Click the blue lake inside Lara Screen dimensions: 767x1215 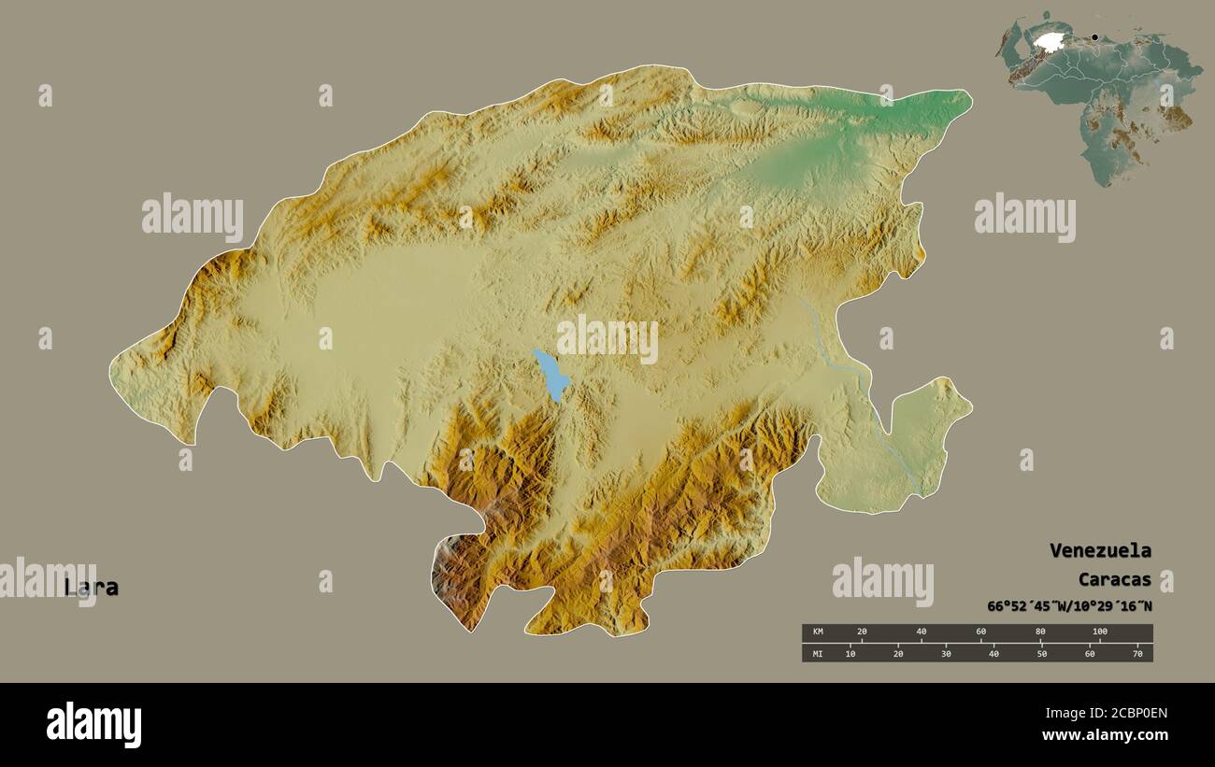551,374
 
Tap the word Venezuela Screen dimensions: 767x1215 1100,550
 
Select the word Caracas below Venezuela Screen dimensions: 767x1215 1114,579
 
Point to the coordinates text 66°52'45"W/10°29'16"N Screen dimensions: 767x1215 1069,606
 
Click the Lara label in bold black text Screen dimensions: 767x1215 92,588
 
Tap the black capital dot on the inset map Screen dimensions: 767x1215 1094,38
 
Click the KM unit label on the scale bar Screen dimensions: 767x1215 818,632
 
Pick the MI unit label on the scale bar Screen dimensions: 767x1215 818,653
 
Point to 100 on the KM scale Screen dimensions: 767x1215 1099,632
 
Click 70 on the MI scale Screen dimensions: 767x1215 1137,653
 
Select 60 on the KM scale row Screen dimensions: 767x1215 980,632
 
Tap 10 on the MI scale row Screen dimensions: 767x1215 850,653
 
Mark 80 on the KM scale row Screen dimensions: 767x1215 1040,632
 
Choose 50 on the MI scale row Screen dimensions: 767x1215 1042,653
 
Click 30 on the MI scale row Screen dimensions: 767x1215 946,653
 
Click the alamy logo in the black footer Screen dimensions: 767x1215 93,724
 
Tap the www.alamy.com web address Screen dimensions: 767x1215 1105,736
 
